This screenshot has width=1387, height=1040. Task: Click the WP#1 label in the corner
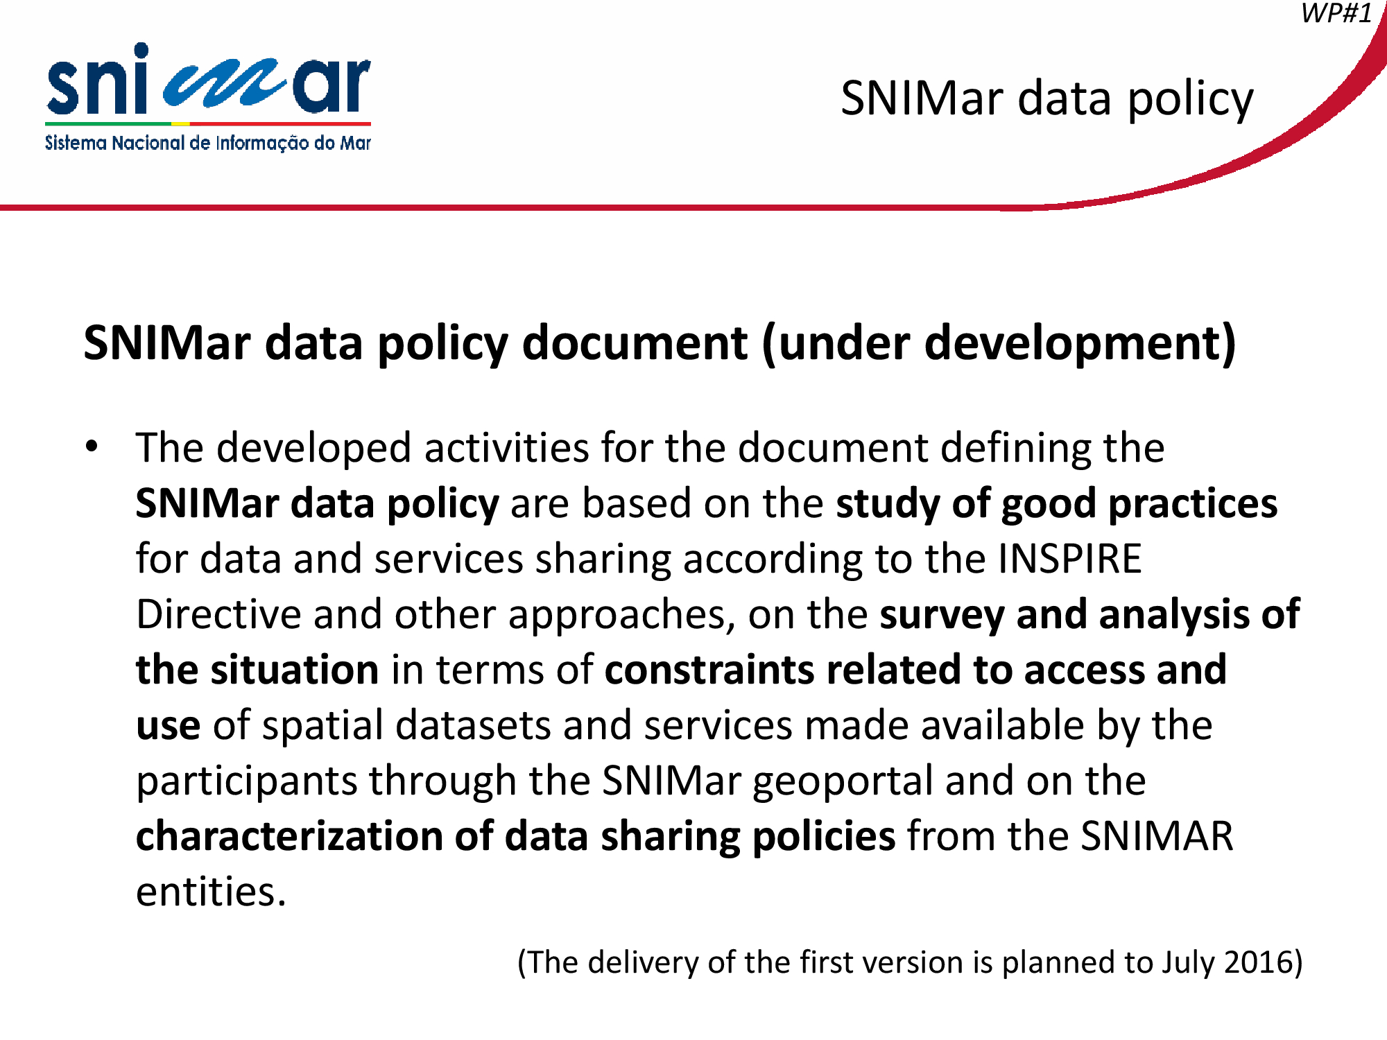coord(1336,13)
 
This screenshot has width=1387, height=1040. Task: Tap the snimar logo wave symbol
coord(223,85)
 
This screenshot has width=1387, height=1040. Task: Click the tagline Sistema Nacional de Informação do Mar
coord(208,143)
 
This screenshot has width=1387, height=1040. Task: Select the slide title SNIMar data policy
coord(1047,99)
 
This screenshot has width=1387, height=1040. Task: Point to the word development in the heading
coord(1072,343)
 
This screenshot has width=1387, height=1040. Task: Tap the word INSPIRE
coord(1070,558)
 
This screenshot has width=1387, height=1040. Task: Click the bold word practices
coord(1193,504)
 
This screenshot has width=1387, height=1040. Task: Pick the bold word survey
coord(942,616)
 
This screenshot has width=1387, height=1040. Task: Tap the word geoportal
coord(843,782)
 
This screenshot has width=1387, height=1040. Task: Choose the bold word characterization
coord(289,836)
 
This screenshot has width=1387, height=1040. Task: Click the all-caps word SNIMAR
coord(1157,836)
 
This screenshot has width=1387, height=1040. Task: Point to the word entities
coord(211,892)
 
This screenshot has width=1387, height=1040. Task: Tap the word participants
coord(246,782)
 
